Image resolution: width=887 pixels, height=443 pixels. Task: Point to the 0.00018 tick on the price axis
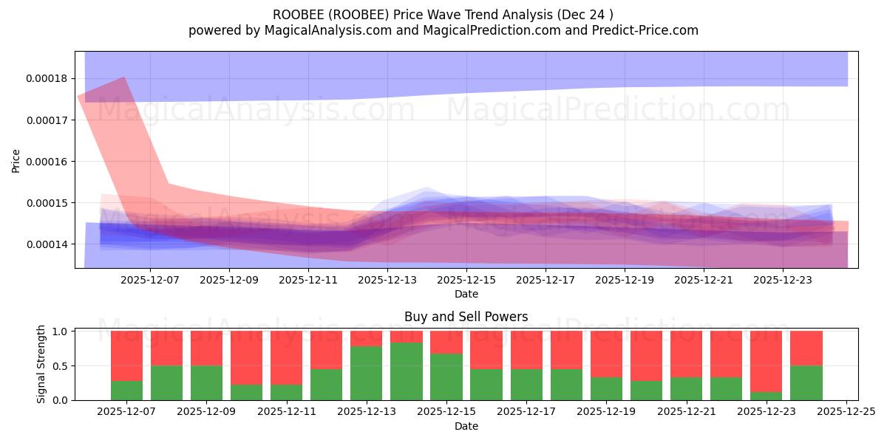tap(47, 79)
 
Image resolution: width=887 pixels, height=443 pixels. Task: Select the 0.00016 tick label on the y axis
tap(47, 162)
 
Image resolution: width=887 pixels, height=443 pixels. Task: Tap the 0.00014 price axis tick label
tap(47, 244)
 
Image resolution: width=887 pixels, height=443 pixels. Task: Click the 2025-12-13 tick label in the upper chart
tap(387, 281)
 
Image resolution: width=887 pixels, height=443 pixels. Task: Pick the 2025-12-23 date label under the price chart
tap(783, 281)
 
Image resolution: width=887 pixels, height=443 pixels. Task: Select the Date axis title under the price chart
tap(466, 294)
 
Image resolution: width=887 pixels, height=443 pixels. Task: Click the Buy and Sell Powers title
tap(466, 317)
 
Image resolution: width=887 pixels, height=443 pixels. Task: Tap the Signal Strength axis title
tap(41, 364)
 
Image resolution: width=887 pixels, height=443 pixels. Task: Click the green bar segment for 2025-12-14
tap(407, 371)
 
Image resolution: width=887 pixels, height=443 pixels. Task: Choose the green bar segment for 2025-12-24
tap(806, 382)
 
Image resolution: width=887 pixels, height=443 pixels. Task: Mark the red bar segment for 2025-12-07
tap(126, 356)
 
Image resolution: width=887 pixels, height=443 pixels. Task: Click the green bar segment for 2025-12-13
tap(367, 373)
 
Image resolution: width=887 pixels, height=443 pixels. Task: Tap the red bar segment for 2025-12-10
tap(246, 357)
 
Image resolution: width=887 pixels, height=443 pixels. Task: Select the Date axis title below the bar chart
tap(466, 426)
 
